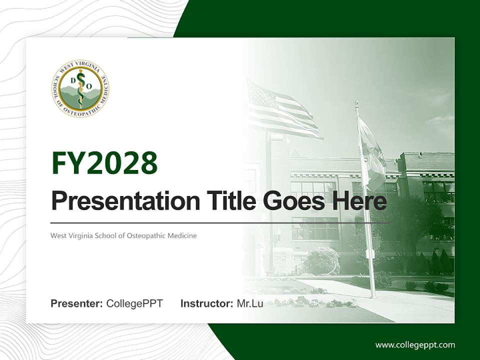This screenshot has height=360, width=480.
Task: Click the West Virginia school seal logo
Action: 80,88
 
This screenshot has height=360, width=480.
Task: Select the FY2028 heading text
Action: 104,163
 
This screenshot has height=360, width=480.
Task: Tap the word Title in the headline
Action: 229,201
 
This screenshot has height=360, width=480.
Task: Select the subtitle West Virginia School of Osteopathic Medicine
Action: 123,235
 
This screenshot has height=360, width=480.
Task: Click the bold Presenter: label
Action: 77,303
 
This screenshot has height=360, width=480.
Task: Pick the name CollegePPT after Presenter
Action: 134,303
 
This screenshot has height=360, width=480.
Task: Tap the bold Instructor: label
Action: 206,303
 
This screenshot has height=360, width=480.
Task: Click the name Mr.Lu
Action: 249,303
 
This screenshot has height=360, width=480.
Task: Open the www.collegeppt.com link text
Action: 415,344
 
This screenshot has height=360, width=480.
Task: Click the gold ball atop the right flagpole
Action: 356,103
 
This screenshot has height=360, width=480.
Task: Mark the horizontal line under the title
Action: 220,222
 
